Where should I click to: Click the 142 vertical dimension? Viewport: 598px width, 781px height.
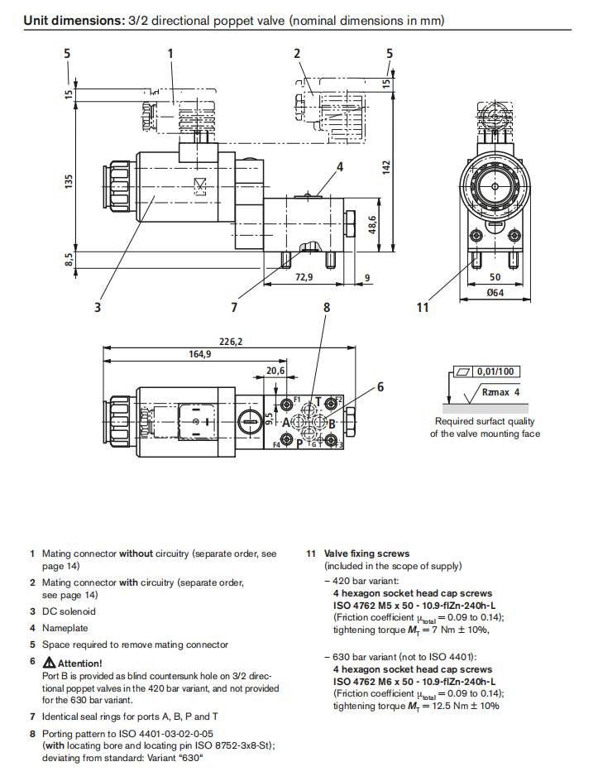pos(385,165)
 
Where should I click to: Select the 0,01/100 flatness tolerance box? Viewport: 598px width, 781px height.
pos(495,372)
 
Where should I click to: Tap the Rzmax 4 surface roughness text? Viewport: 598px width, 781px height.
pos(500,393)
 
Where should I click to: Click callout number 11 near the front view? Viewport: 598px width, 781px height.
pos(423,308)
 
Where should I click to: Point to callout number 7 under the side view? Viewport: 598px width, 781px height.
pos(235,308)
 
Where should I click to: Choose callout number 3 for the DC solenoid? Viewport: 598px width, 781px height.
pos(98,308)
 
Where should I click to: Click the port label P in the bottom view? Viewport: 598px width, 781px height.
pos(299,443)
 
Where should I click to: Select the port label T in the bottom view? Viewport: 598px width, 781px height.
pos(318,402)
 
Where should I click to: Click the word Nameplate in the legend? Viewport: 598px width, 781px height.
pos(65,628)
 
